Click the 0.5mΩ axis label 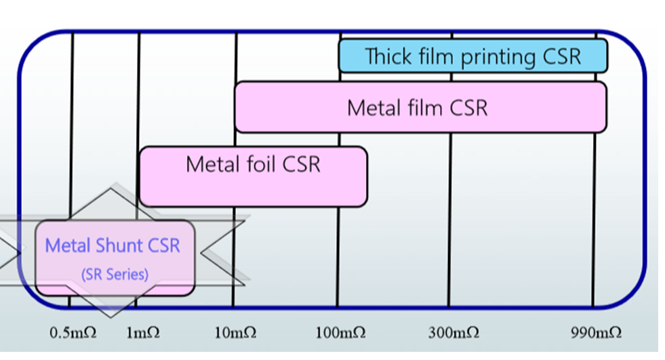click(73, 333)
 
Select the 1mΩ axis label click(142, 333)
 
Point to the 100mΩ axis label click(340, 333)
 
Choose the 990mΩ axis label click(596, 333)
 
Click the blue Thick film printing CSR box click(472, 56)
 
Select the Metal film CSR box click(420, 107)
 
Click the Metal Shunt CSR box click(115, 258)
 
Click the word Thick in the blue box click(388, 56)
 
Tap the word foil click(257, 164)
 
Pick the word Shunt click(121, 245)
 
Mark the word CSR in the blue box click(562, 56)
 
